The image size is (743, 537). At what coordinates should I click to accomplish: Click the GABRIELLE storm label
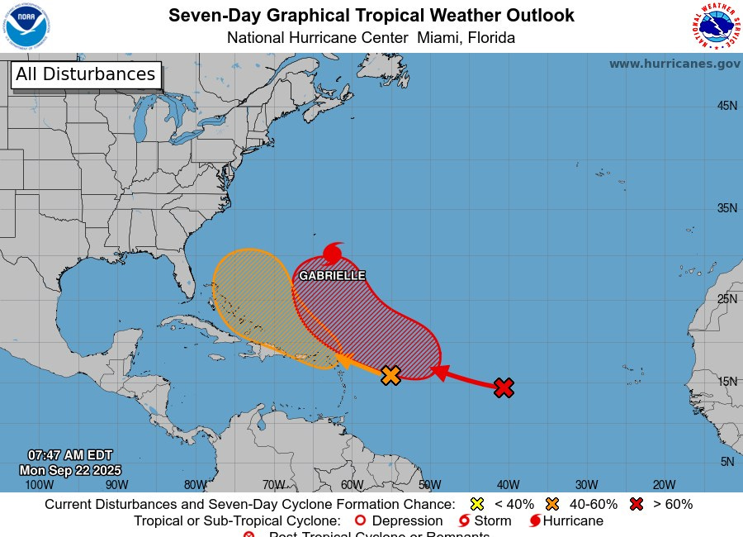(332, 275)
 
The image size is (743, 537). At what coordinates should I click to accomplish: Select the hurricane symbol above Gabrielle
(334, 253)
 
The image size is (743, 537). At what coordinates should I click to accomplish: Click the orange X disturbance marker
(390, 375)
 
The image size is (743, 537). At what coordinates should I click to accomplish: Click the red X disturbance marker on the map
(504, 387)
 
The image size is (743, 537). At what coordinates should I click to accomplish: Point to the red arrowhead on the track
(439, 373)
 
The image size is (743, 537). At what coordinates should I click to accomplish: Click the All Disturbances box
(85, 74)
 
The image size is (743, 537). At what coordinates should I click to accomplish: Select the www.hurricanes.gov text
(674, 64)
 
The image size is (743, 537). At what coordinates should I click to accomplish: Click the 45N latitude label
(726, 106)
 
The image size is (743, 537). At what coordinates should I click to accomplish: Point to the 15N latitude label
(726, 382)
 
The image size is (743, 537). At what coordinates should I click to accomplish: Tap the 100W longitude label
(39, 485)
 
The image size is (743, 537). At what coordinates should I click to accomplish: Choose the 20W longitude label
(664, 485)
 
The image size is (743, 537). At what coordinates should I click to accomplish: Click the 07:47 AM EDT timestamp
(70, 455)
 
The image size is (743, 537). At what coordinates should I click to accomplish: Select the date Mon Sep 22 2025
(70, 470)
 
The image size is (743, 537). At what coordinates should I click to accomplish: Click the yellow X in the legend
(476, 504)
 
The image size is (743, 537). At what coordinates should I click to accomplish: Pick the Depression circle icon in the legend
(359, 521)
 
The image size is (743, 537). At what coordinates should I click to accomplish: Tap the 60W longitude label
(352, 485)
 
